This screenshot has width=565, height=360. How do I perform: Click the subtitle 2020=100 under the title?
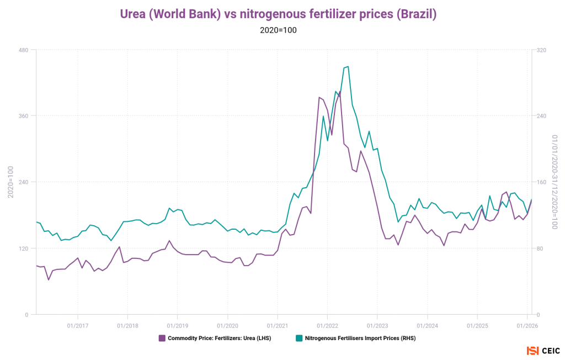[x=279, y=30]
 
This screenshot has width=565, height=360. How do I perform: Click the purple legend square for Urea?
[x=162, y=338]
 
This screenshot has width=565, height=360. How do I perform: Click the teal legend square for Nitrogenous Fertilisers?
[x=299, y=338]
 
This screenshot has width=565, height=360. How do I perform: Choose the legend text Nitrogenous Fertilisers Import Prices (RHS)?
[x=360, y=338]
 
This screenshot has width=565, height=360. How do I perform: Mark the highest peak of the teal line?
[x=348, y=67]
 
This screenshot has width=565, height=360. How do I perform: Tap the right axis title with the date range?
[x=555, y=182]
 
